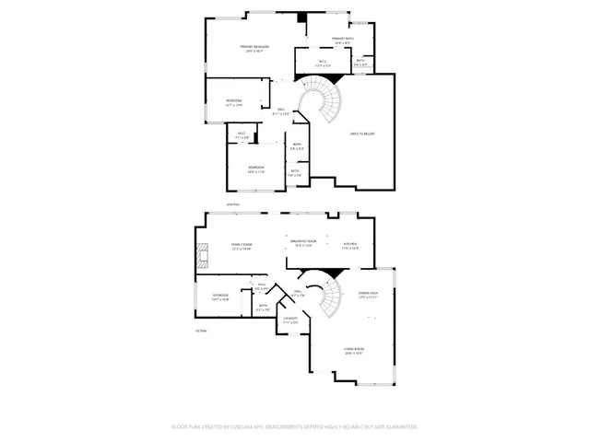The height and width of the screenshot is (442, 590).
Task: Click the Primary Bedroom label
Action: click(254, 48)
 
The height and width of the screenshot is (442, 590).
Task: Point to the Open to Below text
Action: click(361, 134)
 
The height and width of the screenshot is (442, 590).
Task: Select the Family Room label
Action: click(242, 246)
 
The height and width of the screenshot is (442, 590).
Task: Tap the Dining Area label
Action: click(369, 295)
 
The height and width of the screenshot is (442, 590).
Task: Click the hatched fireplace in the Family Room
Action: click(197, 252)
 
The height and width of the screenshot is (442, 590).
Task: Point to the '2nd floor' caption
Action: click(233, 204)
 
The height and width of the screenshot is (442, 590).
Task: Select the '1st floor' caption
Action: click(200, 330)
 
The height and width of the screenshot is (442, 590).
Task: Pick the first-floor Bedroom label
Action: click(221, 297)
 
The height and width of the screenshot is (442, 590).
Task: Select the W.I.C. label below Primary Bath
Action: click(321, 64)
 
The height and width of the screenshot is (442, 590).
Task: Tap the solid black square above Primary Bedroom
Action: click(301, 17)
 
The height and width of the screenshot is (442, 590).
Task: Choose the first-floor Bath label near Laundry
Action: click(263, 307)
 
